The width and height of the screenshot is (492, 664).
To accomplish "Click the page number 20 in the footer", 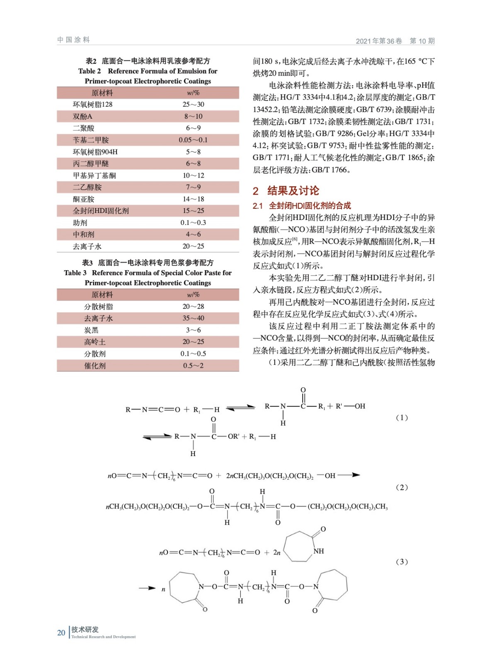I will pyautogui.click(x=61, y=632).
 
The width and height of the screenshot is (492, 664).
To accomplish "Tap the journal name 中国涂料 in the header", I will pyautogui.click(x=73, y=40).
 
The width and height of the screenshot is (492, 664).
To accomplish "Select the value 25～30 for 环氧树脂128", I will pyautogui.click(x=193, y=105).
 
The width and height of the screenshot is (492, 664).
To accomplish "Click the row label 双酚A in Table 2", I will pyautogui.click(x=82, y=117).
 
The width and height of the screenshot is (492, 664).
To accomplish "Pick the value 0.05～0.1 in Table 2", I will pyautogui.click(x=193, y=140).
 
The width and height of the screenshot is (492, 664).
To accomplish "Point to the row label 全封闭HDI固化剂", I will pyautogui.click(x=101, y=211).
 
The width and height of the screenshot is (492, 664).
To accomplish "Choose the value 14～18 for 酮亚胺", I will pyautogui.click(x=193, y=199).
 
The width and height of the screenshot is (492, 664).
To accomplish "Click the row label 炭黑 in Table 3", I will pyautogui.click(x=91, y=330).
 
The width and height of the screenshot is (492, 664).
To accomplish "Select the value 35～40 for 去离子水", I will pyautogui.click(x=193, y=318).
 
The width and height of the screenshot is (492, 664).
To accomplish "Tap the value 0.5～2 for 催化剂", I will pyautogui.click(x=193, y=366).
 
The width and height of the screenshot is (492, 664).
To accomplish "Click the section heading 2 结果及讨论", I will pyautogui.click(x=286, y=191).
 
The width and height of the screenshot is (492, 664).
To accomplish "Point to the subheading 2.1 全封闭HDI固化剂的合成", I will pyautogui.click(x=302, y=206).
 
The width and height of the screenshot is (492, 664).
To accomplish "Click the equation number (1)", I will pyautogui.click(x=402, y=417).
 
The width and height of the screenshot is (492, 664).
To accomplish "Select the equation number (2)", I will pyautogui.click(x=402, y=487).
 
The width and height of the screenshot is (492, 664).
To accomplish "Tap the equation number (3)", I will pyautogui.click(x=402, y=562).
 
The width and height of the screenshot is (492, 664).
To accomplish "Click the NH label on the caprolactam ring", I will pyautogui.click(x=319, y=551).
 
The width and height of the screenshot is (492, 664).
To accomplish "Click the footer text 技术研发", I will pyautogui.click(x=85, y=630).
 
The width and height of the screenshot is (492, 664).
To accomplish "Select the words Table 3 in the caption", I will pyautogui.click(x=75, y=273).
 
